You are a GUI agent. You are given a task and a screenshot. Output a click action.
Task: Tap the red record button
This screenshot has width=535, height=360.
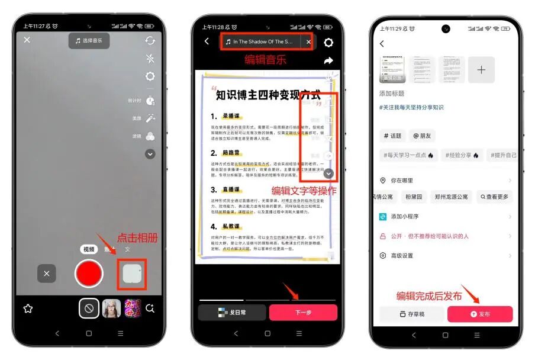89,273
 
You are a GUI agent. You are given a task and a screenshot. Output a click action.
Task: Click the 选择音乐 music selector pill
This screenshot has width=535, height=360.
89,40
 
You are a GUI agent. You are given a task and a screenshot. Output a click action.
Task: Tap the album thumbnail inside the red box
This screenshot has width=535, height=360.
131,274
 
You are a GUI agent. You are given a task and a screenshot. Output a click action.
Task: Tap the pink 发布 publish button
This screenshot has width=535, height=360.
480,314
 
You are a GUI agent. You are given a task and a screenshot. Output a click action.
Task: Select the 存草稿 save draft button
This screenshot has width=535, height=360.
411,314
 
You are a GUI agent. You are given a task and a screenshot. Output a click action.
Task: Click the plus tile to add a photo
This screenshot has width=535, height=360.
481,70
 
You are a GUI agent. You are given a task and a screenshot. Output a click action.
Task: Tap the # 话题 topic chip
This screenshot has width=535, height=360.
392,136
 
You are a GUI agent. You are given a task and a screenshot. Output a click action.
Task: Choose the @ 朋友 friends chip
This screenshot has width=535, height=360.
422,136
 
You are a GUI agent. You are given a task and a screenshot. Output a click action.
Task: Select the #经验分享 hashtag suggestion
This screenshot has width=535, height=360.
463,155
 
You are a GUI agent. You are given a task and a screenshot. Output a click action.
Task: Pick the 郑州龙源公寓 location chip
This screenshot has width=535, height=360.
451,197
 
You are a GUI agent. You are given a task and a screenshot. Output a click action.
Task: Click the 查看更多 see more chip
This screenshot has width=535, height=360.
495,197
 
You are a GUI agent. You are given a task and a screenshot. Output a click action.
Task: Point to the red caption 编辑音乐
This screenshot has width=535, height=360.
266,59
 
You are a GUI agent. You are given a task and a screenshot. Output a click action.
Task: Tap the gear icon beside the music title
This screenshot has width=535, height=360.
328,42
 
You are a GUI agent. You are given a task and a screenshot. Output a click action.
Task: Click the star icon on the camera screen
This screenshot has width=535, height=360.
27,308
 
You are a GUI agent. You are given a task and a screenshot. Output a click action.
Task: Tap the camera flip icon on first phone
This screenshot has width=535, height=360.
150,40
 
